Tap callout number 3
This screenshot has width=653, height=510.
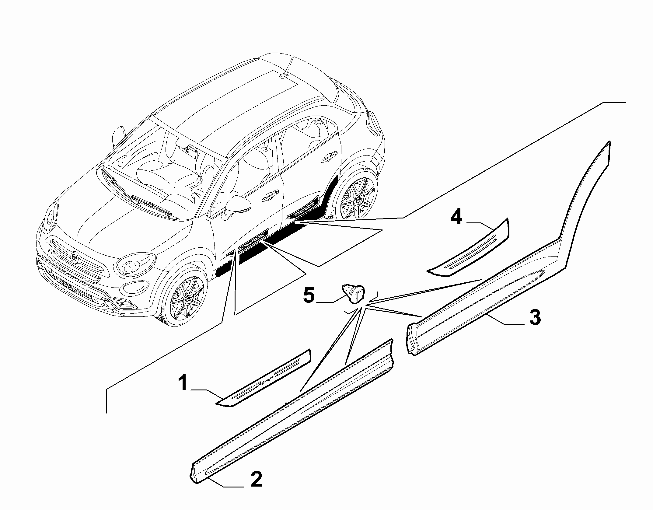534,317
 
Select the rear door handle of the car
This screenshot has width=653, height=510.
330,156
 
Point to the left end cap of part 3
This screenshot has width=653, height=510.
412,339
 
